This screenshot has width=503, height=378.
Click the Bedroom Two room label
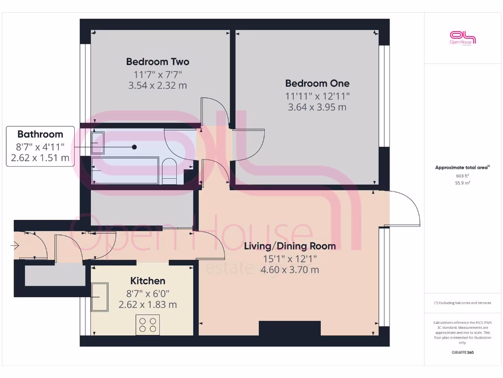pyautogui.click(x=157, y=62)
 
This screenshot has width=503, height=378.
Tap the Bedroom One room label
pyautogui.click(x=317, y=83)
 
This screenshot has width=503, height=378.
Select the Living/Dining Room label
pyautogui.click(x=290, y=246)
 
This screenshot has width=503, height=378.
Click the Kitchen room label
pyautogui.click(x=147, y=281)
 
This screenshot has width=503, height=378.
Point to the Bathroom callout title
pyautogui.click(x=40, y=134)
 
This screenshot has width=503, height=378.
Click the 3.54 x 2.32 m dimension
pyautogui.click(x=157, y=86)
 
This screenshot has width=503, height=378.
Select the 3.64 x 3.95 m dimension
pyautogui.click(x=317, y=107)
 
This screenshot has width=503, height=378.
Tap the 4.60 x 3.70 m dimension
pyautogui.click(x=290, y=270)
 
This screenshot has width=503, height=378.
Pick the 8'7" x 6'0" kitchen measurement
pyautogui.click(x=147, y=293)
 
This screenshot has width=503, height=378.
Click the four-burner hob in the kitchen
pyautogui.click(x=148, y=324)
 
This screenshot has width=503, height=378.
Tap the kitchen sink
pyautogui.click(x=100, y=297)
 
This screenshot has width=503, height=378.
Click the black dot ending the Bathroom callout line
pyautogui.click(x=134, y=147)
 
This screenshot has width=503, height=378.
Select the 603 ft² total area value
pyautogui.click(x=462, y=176)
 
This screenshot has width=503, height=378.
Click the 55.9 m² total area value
pyautogui.click(x=462, y=183)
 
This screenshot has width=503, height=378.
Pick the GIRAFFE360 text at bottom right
pyautogui.click(x=462, y=353)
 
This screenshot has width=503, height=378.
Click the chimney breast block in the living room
pyautogui.click(x=289, y=328)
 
